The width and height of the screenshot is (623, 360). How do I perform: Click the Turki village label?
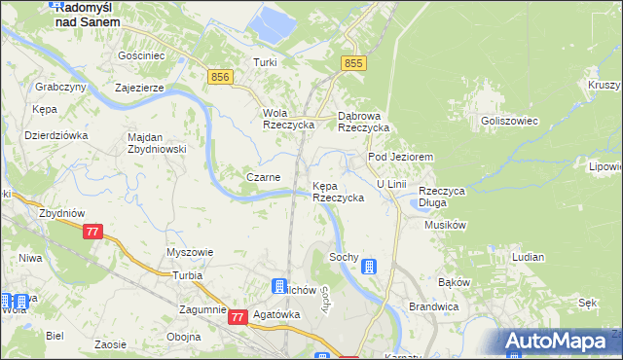(265, 62)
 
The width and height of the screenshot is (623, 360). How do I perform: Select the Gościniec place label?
(139, 56)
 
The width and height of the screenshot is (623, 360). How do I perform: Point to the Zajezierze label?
(138, 87)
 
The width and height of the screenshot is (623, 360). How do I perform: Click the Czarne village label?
(264, 177)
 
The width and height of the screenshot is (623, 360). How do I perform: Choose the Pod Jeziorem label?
(399, 157)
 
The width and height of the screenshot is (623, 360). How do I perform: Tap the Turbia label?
(187, 276)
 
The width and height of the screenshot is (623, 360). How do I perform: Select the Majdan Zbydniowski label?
(157, 143)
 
